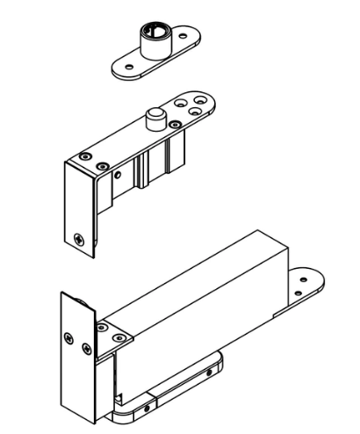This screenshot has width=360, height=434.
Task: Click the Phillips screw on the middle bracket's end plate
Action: [x=81, y=237]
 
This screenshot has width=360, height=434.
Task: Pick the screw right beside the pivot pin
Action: [x=175, y=126]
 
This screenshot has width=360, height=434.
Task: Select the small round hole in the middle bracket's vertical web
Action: [x=116, y=176]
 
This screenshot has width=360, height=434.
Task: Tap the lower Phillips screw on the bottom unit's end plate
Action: [x=85, y=350]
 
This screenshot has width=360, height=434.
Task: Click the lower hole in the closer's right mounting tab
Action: [x=301, y=291]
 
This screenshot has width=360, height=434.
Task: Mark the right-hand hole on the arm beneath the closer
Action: [x=207, y=373]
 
